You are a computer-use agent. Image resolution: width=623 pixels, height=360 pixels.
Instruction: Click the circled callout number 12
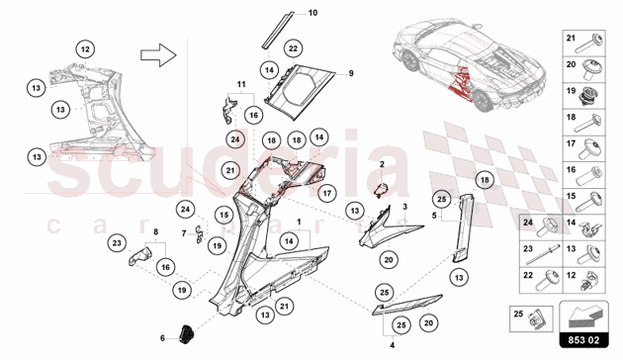(85, 49)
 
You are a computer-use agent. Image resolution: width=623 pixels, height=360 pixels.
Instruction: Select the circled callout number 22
(293, 48)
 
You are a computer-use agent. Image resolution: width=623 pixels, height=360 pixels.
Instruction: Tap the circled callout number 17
(326, 194)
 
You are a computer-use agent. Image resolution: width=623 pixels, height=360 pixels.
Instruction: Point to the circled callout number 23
(117, 242)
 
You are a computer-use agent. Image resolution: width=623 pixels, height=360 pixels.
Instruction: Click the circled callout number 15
(224, 216)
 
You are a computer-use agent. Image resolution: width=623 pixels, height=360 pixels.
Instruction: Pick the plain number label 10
(313, 13)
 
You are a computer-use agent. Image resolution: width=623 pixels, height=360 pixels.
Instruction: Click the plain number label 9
(351, 73)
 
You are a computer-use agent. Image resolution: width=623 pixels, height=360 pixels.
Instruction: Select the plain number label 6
(162, 338)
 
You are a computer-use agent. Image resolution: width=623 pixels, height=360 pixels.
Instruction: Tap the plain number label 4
(393, 345)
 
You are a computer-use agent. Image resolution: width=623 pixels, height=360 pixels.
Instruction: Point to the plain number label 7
(184, 233)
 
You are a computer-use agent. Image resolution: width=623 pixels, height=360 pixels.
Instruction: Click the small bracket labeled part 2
(381, 190)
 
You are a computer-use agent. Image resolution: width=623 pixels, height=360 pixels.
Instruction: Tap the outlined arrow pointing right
(158, 54)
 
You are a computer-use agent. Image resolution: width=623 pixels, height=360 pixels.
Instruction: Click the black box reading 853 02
(583, 340)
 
